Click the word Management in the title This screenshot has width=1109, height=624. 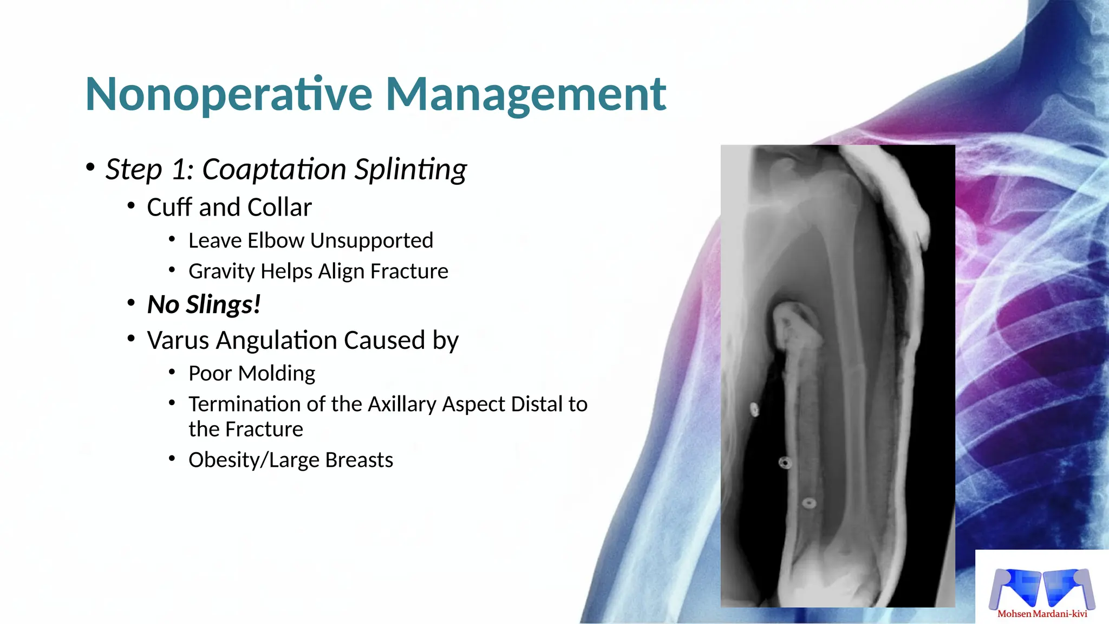click(x=525, y=95)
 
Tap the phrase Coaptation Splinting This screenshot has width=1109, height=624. click(x=334, y=170)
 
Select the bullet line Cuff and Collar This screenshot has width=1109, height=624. click(x=229, y=207)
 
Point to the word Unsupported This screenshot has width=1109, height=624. click(x=371, y=240)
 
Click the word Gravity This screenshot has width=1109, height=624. click(x=221, y=271)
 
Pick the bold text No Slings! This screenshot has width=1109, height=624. click(x=204, y=304)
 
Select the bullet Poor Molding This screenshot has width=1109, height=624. click(x=252, y=374)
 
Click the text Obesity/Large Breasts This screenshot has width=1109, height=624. click(x=291, y=460)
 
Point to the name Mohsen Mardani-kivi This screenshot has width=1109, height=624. click(x=1042, y=614)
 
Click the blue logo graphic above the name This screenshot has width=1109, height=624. click(x=1041, y=588)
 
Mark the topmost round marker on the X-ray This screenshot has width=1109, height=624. click(x=754, y=409)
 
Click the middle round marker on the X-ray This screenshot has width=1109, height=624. click(x=785, y=463)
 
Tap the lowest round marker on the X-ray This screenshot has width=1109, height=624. click(x=808, y=503)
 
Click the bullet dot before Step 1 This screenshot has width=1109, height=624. click(x=90, y=167)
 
